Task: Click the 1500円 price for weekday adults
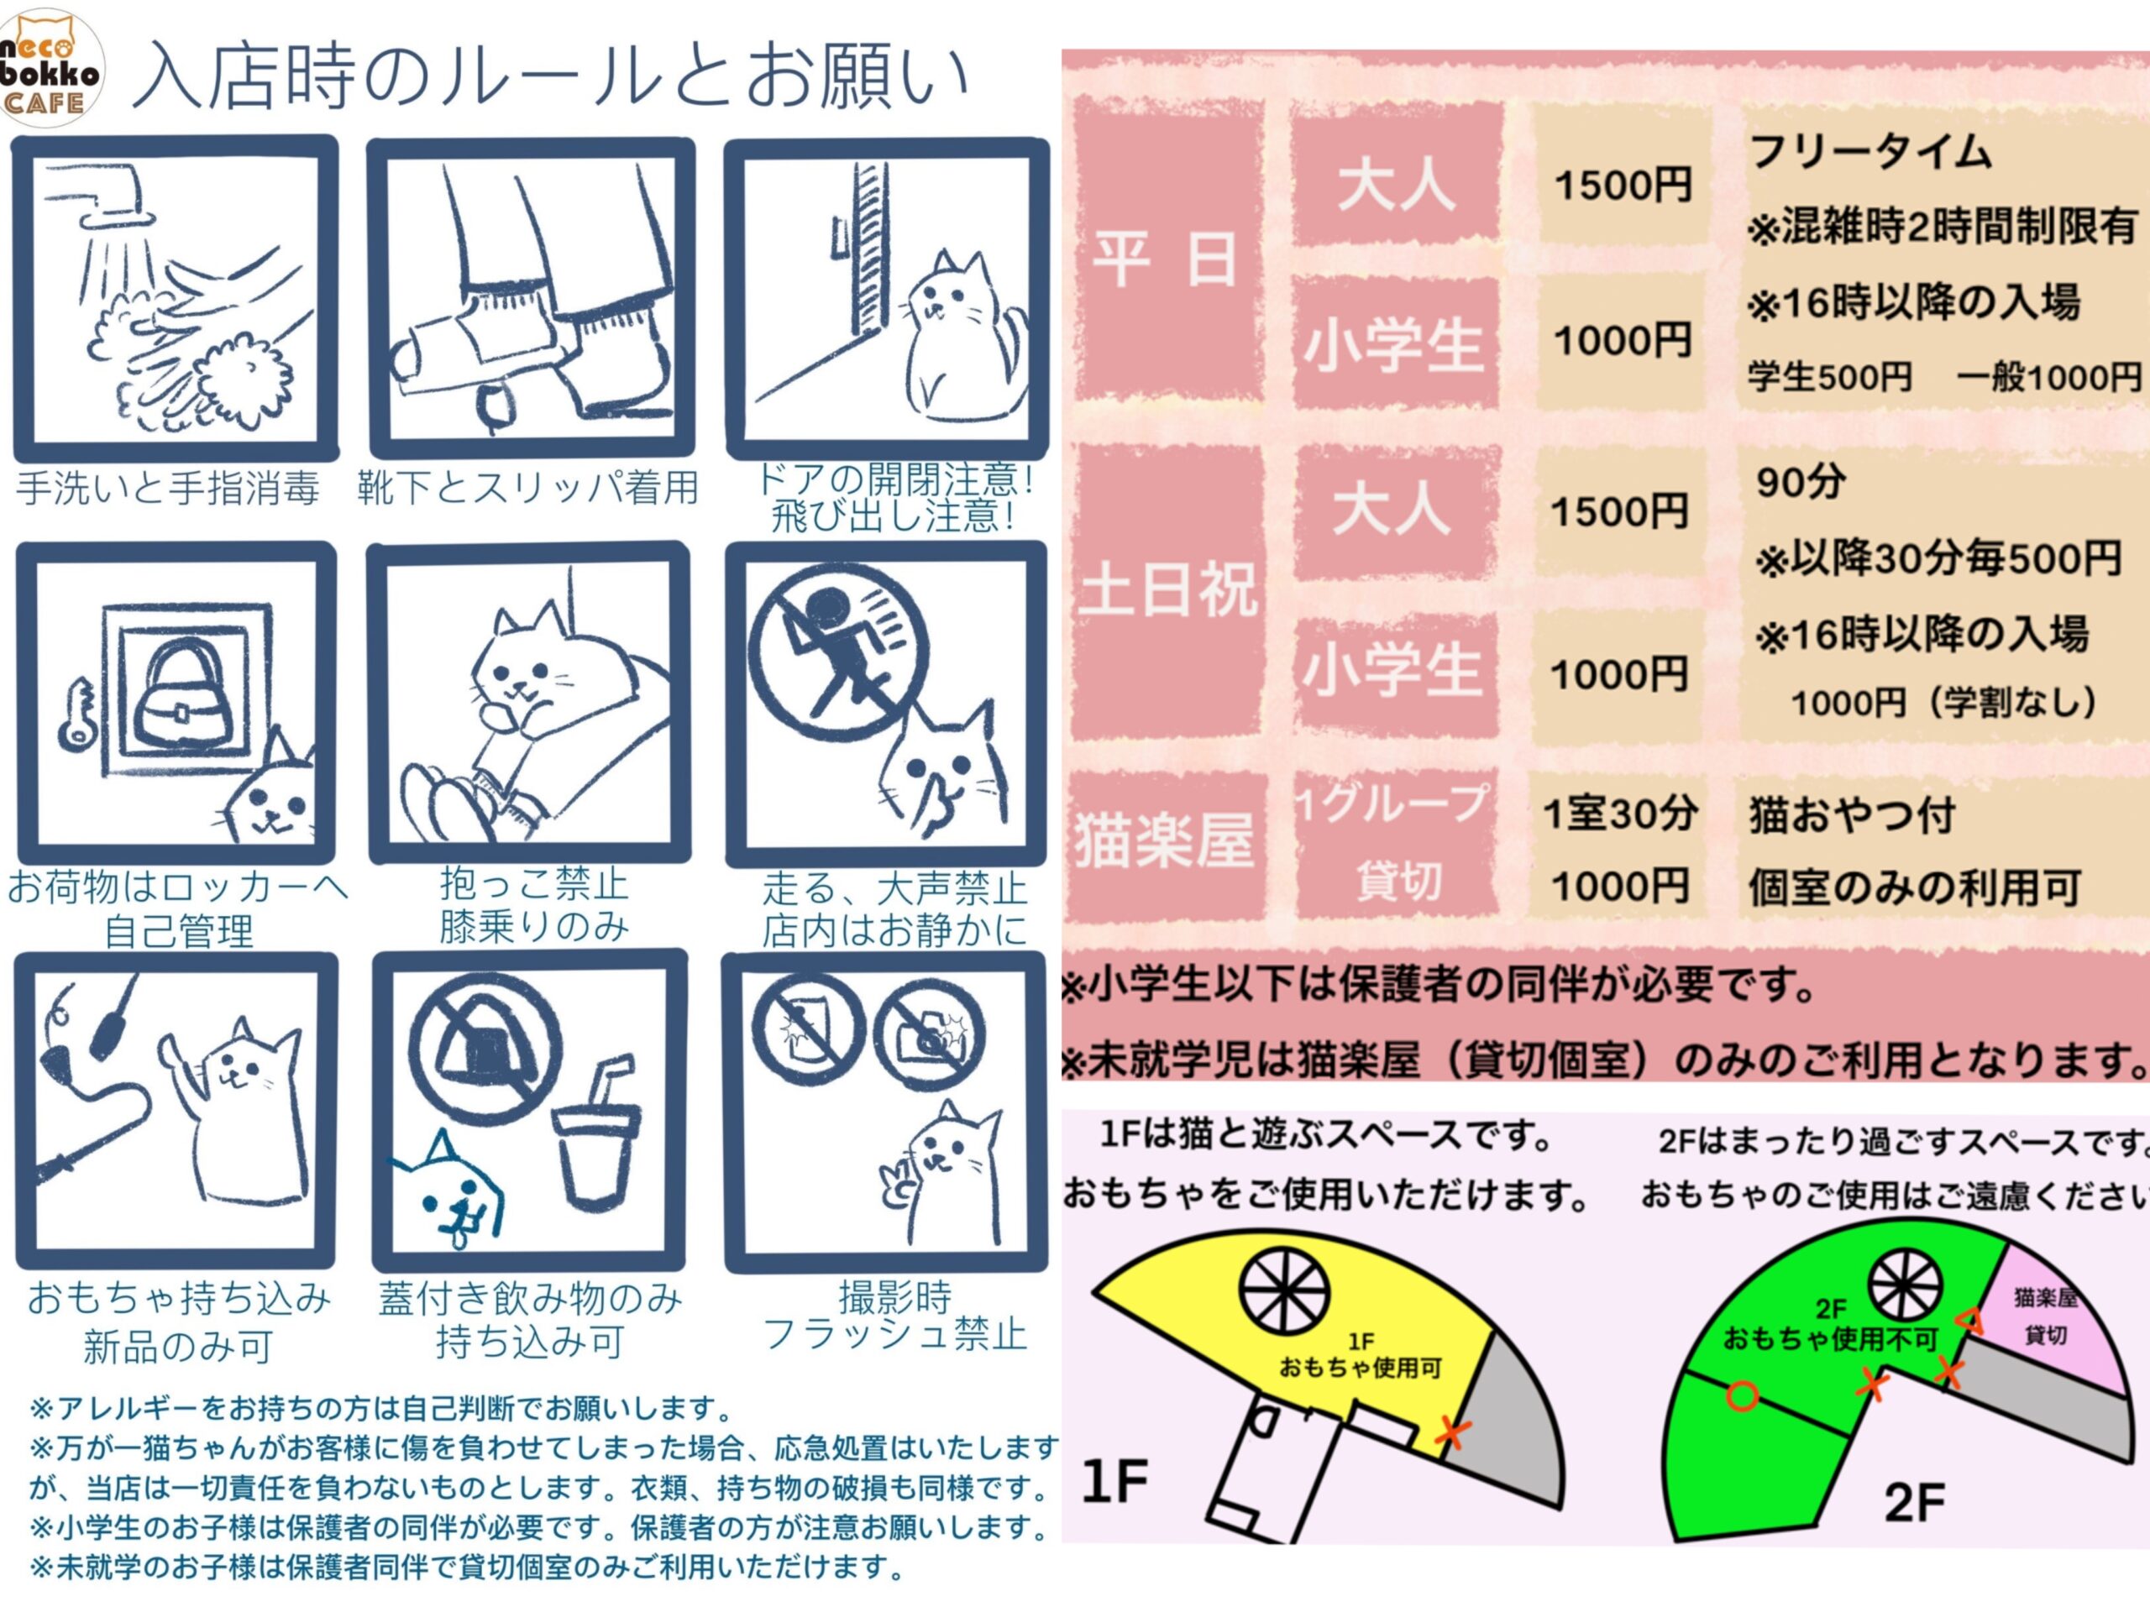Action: [x=1623, y=184]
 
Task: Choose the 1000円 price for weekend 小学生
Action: [x=1618, y=673]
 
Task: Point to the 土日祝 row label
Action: [x=1167, y=589]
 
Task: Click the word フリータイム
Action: [x=1870, y=153]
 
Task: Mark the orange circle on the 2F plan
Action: [x=1742, y=1396]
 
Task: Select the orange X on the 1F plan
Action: [x=1451, y=1428]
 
